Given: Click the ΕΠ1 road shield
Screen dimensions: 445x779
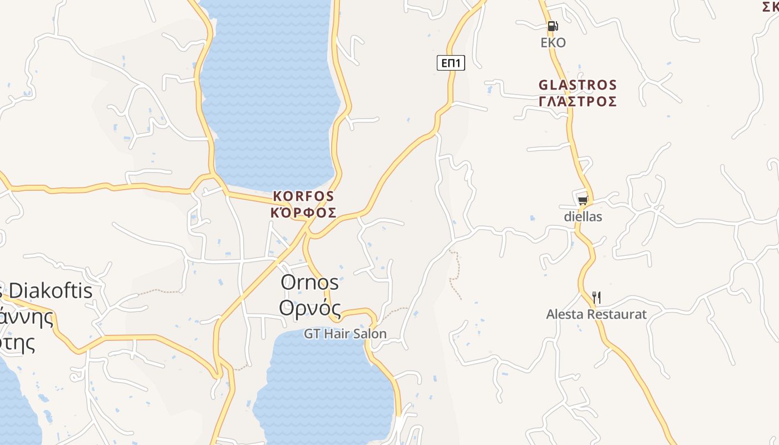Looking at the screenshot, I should (x=451, y=63).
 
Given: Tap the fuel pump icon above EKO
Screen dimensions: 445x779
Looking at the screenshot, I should (x=552, y=26).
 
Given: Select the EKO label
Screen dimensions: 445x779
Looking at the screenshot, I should (x=553, y=43).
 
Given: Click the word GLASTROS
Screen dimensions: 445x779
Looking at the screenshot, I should (x=578, y=85).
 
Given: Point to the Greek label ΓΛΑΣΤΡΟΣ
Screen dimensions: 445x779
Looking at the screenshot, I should (x=578, y=101).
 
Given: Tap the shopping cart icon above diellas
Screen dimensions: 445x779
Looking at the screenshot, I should (x=583, y=200).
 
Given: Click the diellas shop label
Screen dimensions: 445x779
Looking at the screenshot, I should (x=583, y=216).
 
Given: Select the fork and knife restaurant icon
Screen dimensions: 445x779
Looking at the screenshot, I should (x=596, y=298).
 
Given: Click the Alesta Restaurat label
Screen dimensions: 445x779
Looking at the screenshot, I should (x=596, y=314).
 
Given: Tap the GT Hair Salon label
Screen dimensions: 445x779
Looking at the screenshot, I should (x=345, y=334).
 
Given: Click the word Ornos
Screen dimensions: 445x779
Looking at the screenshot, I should (x=309, y=282).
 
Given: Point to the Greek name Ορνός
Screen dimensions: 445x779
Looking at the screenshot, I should (x=309, y=307).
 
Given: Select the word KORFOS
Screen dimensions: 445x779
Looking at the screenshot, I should (x=303, y=196).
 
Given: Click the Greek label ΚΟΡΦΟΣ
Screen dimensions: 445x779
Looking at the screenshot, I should (x=303, y=212).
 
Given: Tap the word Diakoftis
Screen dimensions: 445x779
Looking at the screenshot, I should (x=51, y=290).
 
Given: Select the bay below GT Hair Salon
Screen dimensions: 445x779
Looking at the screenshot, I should (x=323, y=389).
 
